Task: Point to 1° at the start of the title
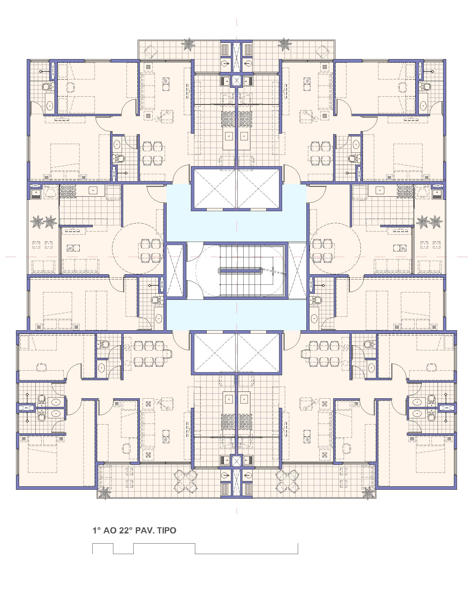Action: click(97, 530)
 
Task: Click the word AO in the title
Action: click(110, 530)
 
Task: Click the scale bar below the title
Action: click(195, 549)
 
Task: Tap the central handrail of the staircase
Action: click(240, 271)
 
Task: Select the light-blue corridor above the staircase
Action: click(236, 226)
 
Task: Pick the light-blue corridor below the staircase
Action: click(236, 315)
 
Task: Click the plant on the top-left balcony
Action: click(188, 45)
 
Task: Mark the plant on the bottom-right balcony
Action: click(368, 493)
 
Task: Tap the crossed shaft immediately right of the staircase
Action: click(297, 271)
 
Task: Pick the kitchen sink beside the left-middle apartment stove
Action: click(93, 190)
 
